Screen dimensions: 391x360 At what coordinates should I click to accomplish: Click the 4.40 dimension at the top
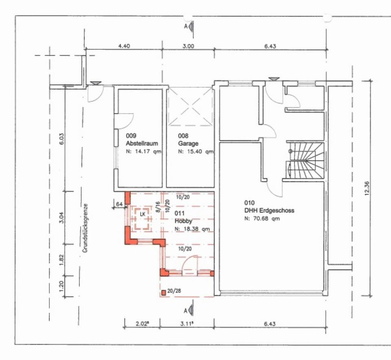[124, 46]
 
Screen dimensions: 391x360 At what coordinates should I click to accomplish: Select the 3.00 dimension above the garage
[188, 46]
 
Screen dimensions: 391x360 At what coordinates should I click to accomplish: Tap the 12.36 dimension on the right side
[367, 188]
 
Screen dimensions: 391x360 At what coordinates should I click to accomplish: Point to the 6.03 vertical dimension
[62, 139]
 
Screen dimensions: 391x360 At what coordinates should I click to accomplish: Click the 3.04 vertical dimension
[62, 217]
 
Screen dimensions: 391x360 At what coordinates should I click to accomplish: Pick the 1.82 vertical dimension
[62, 260]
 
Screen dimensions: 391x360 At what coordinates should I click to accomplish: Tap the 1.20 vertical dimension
[62, 286]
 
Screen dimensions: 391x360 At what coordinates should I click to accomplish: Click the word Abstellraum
[142, 144]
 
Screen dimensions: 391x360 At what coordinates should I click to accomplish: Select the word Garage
[188, 144]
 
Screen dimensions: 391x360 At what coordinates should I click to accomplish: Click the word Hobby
[184, 221]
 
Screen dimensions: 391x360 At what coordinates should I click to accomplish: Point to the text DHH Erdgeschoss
[269, 211]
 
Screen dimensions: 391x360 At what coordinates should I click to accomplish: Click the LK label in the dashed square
[143, 214]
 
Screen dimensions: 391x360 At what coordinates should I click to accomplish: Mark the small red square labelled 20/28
[164, 293]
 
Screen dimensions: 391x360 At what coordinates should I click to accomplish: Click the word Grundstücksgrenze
[85, 228]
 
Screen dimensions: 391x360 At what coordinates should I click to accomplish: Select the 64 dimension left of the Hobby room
[119, 204]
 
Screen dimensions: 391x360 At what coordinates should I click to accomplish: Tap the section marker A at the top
[186, 26]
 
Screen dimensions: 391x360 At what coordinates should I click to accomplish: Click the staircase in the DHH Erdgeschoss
[305, 161]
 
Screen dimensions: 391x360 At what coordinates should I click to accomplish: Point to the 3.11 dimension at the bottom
[187, 324]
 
